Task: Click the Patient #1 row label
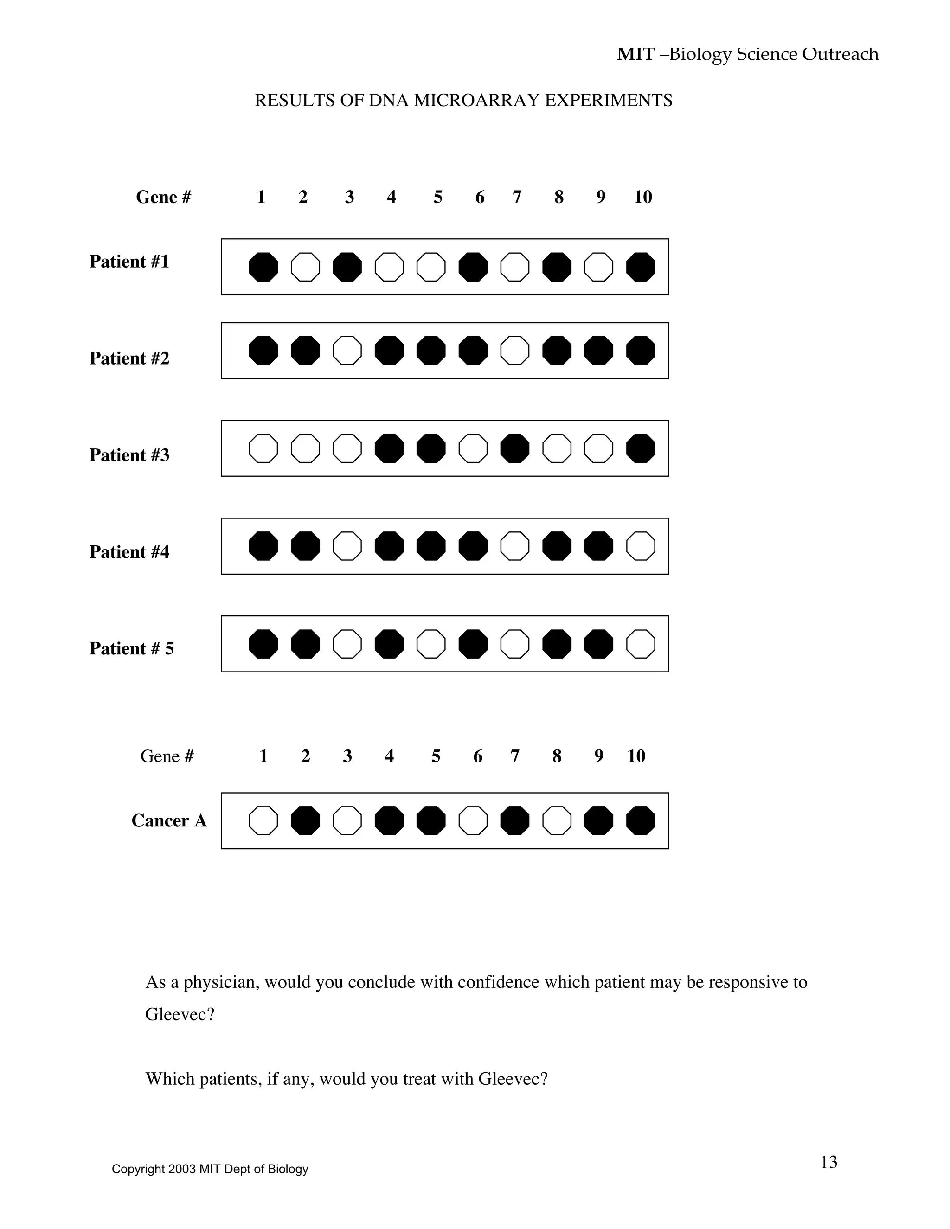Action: [129, 262]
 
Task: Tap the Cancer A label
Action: [169, 820]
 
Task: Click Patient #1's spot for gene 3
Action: [347, 267]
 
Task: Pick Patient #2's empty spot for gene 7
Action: [515, 351]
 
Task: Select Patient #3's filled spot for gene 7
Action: [515, 448]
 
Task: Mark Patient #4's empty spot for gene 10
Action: [641, 546]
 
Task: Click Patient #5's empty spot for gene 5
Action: [431, 644]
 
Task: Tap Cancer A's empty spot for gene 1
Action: [263, 820]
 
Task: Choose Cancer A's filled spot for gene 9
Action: [599, 820]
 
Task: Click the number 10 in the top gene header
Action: [643, 197]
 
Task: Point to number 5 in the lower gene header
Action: [436, 756]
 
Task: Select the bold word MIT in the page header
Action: [635, 55]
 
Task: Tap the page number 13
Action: [828, 1163]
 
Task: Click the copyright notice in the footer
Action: [210, 1169]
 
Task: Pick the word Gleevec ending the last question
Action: [509, 1079]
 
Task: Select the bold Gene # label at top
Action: [163, 197]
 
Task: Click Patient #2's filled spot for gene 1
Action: [263, 351]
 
